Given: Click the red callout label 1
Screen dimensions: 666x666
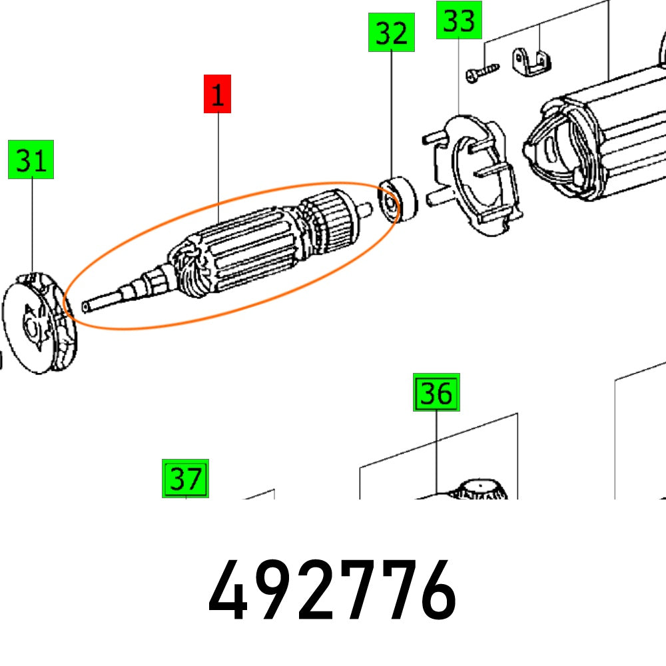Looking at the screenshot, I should point(217,94).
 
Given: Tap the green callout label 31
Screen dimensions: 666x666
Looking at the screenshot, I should point(31,160).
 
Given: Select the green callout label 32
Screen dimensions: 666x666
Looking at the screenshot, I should point(392,33).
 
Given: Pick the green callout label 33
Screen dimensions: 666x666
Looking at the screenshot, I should point(459,20).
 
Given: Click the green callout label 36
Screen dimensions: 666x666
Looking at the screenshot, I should point(436,393).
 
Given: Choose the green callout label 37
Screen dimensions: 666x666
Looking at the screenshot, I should point(186,478).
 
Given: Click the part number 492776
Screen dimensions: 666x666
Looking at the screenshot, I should point(332,590).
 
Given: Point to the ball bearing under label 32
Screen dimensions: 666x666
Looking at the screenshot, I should point(397,199).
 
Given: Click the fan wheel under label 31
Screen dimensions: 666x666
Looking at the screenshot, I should point(40,326).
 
